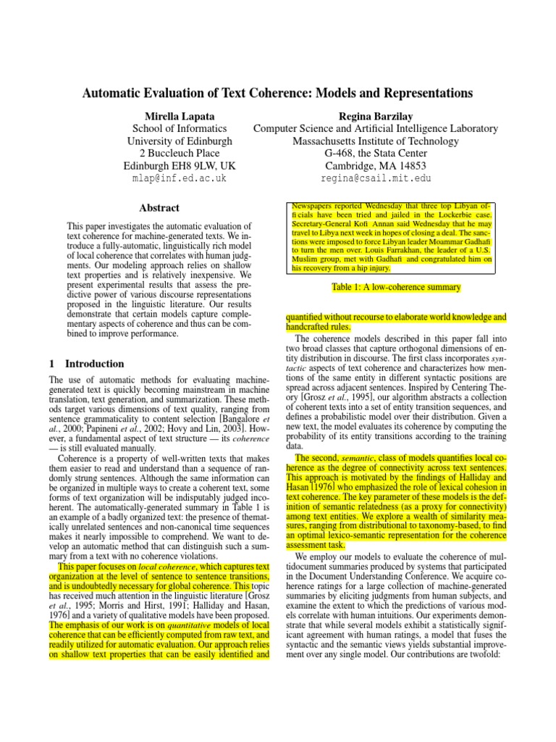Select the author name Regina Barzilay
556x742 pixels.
coord(375,116)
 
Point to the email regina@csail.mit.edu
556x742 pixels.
coord(375,178)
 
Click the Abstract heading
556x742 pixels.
coord(159,208)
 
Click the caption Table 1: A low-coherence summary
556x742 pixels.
coord(395,288)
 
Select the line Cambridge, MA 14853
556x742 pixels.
coord(375,165)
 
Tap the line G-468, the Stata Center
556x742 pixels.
coord(375,153)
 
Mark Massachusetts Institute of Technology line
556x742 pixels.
coord(375,141)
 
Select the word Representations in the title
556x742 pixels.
coord(421,93)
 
